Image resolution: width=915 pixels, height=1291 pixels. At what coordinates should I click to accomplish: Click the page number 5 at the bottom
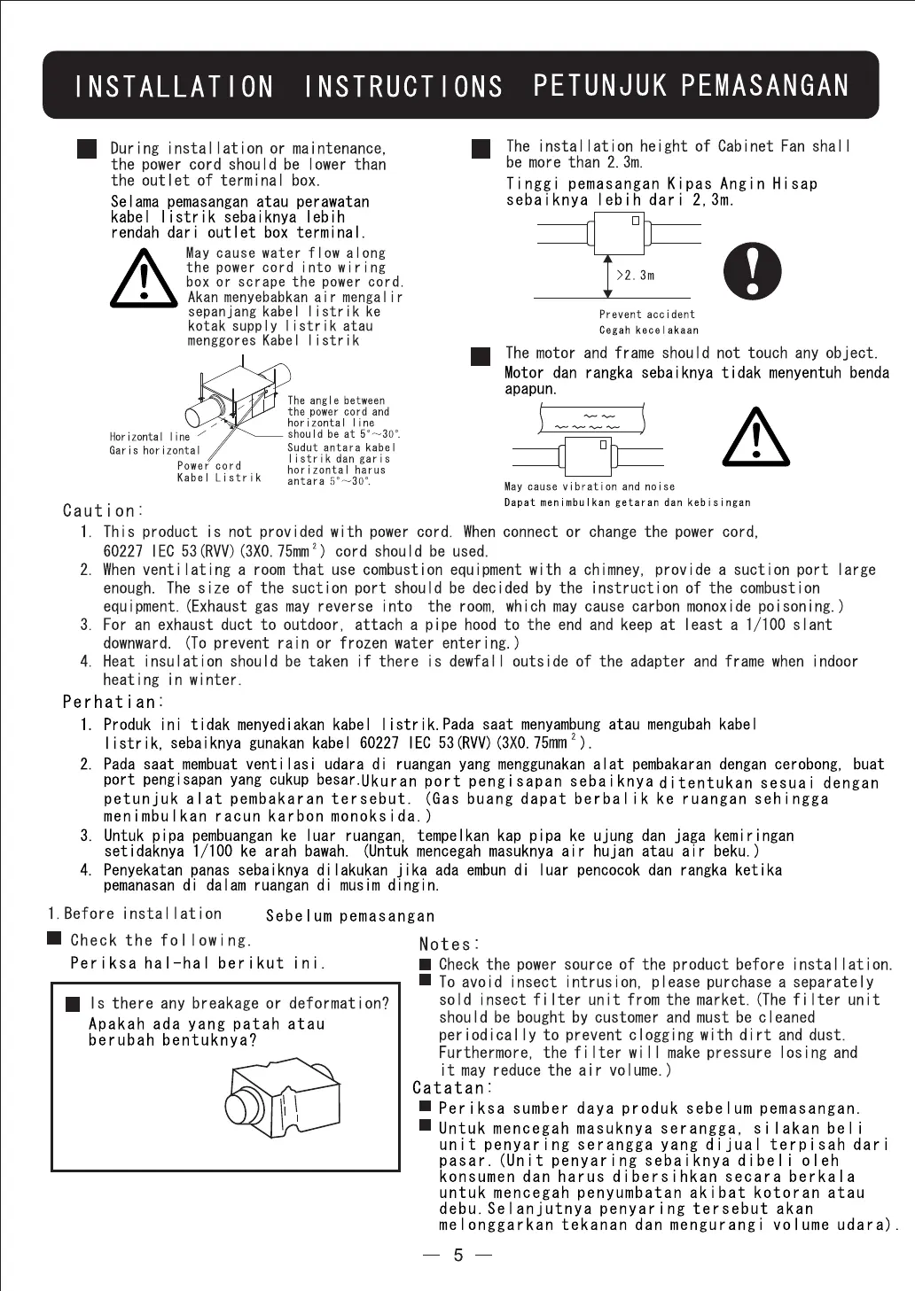(x=458, y=1255)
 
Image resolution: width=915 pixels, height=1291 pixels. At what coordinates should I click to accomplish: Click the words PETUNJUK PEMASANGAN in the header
(x=691, y=86)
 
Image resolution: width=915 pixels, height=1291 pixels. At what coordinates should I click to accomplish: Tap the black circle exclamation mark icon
(x=753, y=271)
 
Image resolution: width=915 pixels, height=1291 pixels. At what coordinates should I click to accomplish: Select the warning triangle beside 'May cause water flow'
(x=144, y=279)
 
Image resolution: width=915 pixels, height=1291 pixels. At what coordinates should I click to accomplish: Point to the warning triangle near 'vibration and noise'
(x=755, y=439)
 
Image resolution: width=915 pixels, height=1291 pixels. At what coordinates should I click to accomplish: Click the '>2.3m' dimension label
(x=636, y=276)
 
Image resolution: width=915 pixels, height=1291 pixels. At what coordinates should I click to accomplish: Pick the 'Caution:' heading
(x=103, y=510)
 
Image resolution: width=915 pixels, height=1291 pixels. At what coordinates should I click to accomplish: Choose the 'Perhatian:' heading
(x=113, y=702)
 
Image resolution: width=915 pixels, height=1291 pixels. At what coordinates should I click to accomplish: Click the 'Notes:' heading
(x=450, y=945)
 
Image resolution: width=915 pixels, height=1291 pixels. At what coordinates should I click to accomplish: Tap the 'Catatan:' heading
(x=450, y=1088)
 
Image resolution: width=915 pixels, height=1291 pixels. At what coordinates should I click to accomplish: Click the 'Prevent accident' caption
(x=647, y=315)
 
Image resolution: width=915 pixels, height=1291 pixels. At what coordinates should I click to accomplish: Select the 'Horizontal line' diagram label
(x=150, y=437)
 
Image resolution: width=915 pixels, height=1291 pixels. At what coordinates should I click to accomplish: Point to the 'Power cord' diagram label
(x=209, y=465)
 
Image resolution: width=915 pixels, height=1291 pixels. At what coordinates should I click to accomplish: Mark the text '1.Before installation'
(x=135, y=914)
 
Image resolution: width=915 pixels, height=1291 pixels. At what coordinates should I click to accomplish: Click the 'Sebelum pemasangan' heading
(x=350, y=916)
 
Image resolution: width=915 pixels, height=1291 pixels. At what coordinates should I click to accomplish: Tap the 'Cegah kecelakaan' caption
(x=649, y=331)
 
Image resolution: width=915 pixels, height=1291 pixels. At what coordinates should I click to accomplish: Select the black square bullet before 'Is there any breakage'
(x=73, y=1004)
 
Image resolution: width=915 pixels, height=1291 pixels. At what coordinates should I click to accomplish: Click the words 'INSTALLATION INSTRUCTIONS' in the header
(x=289, y=87)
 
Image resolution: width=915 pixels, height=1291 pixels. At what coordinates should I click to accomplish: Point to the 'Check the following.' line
(x=160, y=940)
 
